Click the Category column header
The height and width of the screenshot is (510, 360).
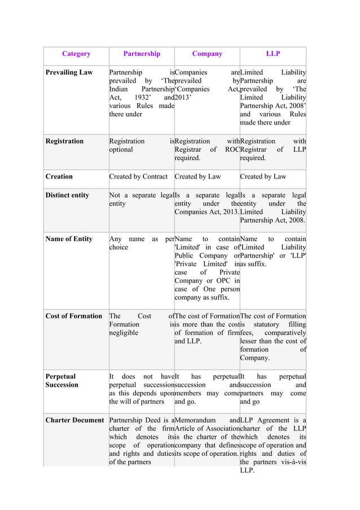coord(76,54)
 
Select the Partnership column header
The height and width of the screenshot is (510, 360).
coord(142,54)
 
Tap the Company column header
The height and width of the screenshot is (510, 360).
coord(207,54)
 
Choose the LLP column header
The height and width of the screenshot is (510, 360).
coord(273,54)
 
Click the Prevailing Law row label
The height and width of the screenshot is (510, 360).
coord(69,73)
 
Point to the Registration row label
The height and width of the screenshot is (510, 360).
coord(64,141)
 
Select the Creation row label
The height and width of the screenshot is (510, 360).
coord(59,177)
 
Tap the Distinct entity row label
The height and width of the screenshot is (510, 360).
coord(67,195)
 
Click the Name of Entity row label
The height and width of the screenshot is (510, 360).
coord(69,239)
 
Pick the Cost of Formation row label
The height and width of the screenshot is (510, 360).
coord(74,316)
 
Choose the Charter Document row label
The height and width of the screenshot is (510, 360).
coord(74,421)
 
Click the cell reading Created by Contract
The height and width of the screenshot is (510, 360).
coord(138,177)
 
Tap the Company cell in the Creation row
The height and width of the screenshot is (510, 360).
coord(198,177)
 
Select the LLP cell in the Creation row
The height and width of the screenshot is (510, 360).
coord(263,177)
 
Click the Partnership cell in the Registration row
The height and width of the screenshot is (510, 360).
coord(141,145)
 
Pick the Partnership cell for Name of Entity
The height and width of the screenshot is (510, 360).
coord(141,243)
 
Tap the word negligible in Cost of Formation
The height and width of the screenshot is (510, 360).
coord(125,333)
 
